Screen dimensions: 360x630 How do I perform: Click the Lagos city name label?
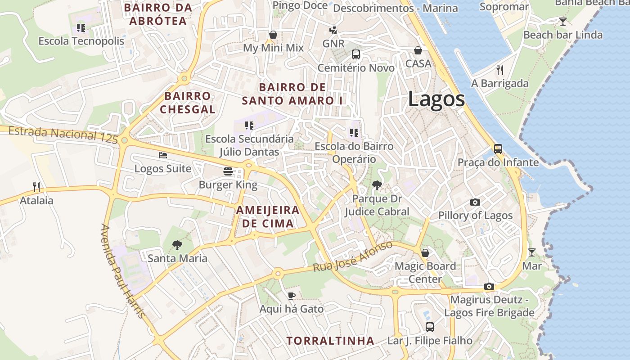[x=436, y=99]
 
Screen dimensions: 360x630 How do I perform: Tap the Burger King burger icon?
[x=228, y=171]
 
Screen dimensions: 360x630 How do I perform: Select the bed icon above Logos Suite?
[x=163, y=155]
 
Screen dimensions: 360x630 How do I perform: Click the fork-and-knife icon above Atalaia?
[x=36, y=187]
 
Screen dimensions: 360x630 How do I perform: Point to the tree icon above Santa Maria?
[x=177, y=245]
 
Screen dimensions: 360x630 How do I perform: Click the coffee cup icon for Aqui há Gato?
[x=292, y=296]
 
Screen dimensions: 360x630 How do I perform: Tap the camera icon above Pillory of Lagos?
[x=475, y=202]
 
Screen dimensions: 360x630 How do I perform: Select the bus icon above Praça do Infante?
[x=498, y=148]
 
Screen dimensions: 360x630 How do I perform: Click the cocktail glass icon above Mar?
[x=532, y=252]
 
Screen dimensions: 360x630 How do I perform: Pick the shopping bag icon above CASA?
[x=418, y=50]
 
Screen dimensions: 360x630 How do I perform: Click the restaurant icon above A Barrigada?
[x=499, y=70]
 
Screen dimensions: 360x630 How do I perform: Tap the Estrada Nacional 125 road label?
[x=63, y=134]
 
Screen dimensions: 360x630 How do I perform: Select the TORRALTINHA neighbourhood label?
[x=330, y=341]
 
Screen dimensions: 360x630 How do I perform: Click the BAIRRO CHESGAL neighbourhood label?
[x=188, y=103]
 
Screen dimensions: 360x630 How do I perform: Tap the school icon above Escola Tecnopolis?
[x=81, y=27]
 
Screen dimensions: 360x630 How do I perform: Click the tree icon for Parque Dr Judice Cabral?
[x=377, y=185]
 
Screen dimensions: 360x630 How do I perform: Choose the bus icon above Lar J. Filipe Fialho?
[x=430, y=327]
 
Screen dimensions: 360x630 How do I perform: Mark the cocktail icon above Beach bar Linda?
[x=562, y=21]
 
